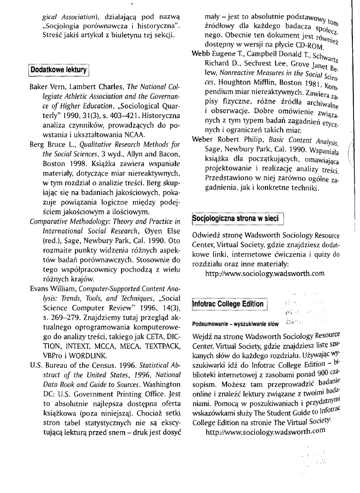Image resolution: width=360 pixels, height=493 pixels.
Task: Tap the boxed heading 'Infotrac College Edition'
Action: pyautogui.click(x=229, y=303)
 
